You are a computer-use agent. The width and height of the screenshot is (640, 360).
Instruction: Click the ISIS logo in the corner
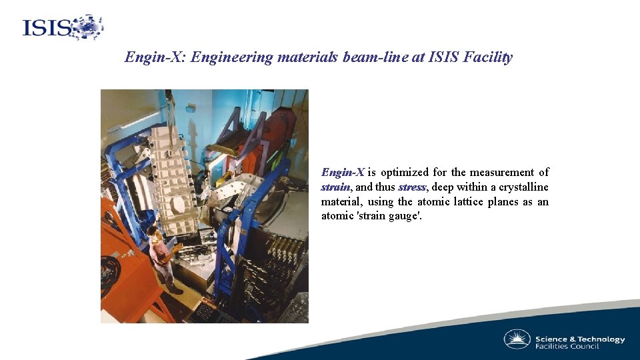point(63,27)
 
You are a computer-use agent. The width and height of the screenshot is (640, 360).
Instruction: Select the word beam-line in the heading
point(374,57)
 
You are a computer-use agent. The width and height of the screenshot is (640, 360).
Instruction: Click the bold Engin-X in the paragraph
point(343,173)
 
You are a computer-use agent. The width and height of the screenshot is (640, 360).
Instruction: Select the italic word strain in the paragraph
point(335,187)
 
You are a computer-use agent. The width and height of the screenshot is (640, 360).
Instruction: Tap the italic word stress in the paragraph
point(412,187)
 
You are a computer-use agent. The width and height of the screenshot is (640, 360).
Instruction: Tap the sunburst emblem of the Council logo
point(517,339)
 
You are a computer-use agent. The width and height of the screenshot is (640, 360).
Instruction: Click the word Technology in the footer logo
point(601,339)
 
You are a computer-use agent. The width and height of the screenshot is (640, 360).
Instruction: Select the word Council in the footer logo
point(585,347)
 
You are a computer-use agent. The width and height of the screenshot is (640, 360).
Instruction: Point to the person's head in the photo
point(153,230)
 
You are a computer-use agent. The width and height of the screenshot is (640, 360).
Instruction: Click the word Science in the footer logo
point(551,339)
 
